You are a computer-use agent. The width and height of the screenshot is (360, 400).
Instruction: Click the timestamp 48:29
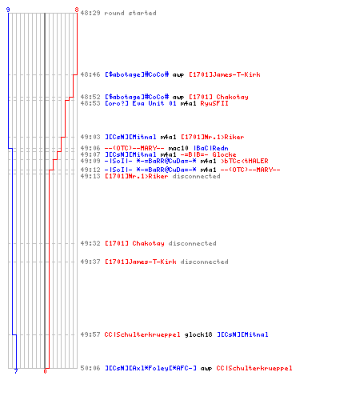click(90, 13)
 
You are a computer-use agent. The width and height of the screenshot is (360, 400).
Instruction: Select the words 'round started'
click(130, 13)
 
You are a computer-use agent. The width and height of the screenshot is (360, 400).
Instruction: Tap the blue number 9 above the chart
click(8, 10)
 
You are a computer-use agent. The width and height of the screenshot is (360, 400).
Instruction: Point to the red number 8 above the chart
click(77, 10)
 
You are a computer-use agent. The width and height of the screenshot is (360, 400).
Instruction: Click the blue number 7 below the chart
click(16, 371)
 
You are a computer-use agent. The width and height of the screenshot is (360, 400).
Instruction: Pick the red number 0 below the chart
click(45, 371)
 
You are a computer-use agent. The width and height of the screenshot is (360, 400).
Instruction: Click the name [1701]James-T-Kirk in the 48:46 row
click(225, 74)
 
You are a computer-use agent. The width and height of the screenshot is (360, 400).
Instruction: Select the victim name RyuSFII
click(214, 103)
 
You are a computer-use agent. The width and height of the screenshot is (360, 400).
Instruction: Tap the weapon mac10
click(178, 148)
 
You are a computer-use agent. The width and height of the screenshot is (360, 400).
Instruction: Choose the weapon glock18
click(198, 334)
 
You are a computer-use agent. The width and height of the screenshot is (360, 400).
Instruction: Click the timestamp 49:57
click(90, 334)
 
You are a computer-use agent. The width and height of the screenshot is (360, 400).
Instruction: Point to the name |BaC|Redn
click(210, 148)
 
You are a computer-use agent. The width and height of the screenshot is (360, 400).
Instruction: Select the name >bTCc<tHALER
click(245, 161)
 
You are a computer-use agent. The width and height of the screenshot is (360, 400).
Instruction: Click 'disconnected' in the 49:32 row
click(192, 243)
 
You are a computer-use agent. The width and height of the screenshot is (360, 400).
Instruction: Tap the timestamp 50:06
click(90, 368)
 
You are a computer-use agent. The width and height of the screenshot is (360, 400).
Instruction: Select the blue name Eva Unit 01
click(154, 103)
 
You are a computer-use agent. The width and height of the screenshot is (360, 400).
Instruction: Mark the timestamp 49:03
click(90, 137)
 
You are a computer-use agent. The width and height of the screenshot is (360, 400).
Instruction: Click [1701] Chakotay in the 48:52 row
click(218, 97)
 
